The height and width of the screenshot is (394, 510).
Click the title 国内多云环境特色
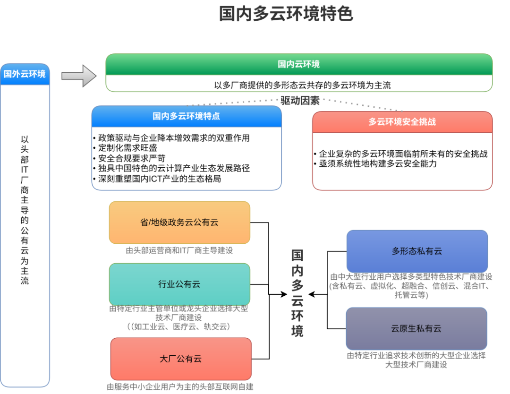coord(286,14)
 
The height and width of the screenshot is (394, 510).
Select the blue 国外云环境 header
coord(25,74)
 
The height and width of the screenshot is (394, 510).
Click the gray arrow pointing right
coord(79,76)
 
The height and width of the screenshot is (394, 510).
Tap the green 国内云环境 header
coord(298,64)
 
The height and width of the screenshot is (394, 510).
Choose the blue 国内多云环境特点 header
coord(187,116)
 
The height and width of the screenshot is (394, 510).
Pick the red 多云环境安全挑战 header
coord(402,122)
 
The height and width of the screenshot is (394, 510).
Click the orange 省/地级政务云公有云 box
coord(179,223)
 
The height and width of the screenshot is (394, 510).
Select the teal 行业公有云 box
coord(179,284)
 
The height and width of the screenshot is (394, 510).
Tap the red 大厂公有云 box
coord(181,359)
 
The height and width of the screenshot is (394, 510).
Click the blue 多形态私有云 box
coord(417,251)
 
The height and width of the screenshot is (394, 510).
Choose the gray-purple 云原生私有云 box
coord(416,328)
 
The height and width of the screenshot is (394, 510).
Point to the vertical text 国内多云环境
coord(297,293)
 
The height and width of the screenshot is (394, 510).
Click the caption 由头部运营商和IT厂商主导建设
coord(179,250)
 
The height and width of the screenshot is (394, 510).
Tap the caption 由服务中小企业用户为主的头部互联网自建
coord(180,387)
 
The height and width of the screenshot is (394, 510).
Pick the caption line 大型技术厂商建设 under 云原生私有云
coord(416,365)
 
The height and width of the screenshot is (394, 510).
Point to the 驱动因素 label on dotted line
coord(300,100)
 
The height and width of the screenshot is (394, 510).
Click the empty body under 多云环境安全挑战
coord(402,161)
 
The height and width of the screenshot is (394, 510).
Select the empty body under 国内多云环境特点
coord(187,158)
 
